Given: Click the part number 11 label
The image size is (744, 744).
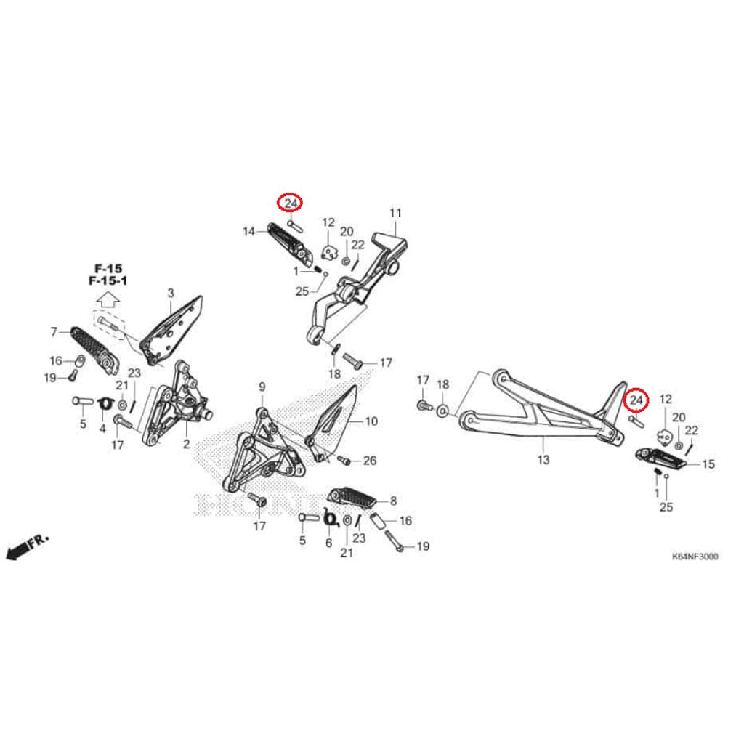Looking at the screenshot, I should [x=395, y=214].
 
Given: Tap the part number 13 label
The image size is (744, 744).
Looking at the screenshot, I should [x=543, y=460].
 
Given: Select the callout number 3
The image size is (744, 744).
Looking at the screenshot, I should [x=171, y=294].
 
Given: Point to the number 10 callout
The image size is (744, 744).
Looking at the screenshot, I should [x=371, y=421].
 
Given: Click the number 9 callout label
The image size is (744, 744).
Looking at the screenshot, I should [x=262, y=387].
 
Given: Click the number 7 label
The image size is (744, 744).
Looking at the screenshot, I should [x=54, y=332].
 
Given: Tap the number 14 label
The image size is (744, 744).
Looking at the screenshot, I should [x=249, y=232].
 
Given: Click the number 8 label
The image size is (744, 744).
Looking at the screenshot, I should [x=394, y=501].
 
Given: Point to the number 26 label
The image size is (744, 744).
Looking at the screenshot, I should [x=370, y=461].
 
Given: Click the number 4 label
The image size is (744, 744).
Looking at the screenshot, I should [x=102, y=429].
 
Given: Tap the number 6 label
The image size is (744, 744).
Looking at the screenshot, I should [x=328, y=543].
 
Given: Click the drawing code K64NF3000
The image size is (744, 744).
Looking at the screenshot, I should [x=695, y=557].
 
